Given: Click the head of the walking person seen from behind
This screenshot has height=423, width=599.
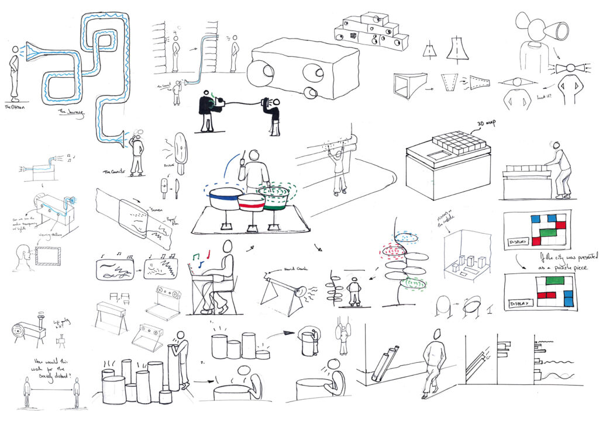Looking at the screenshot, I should click(x=436, y=334).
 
